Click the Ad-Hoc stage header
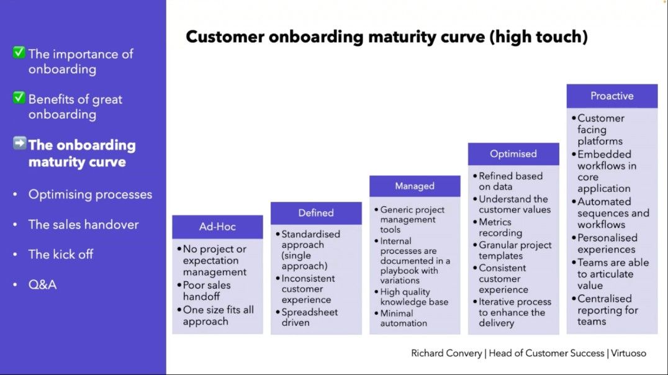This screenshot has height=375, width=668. [x=217, y=227]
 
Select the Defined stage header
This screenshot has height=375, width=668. [x=316, y=213]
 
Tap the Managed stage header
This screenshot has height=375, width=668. [x=415, y=186]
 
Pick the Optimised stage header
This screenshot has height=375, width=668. [x=513, y=154]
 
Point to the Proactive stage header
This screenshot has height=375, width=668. [x=612, y=96]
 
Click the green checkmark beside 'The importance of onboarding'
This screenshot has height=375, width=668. [x=19, y=52]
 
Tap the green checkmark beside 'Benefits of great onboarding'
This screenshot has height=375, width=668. [x=19, y=97]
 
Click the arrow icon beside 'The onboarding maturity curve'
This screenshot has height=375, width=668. [x=20, y=143]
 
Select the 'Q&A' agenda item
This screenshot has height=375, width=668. [x=43, y=284]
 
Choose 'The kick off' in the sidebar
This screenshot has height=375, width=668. [x=61, y=255]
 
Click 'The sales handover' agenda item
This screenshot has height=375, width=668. [x=83, y=225]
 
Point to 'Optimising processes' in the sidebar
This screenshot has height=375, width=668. [x=90, y=194]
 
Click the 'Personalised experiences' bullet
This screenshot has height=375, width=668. [x=608, y=243]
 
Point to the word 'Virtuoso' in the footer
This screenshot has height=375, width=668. [x=628, y=353]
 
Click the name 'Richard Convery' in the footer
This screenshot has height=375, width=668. [x=446, y=353]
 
